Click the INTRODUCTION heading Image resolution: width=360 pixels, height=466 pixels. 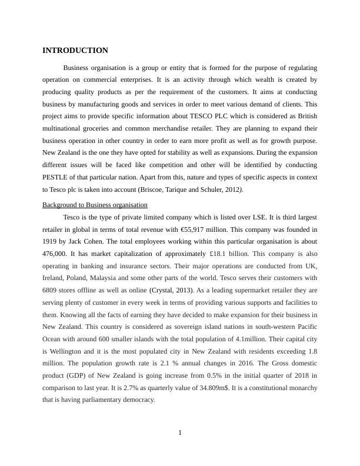pyautogui.click(x=75, y=51)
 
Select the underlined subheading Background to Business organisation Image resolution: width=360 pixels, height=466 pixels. pyautogui.click(x=95, y=205)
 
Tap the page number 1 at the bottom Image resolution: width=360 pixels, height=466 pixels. pyautogui.click(x=180, y=434)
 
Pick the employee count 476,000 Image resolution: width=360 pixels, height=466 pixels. pyautogui.click(x=54, y=254)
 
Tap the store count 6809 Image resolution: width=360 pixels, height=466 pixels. pyautogui.click(x=50, y=290)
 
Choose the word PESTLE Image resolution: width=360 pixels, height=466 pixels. pyautogui.click(x=56, y=177)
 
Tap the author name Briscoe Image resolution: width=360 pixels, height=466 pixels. pyautogui.click(x=151, y=189)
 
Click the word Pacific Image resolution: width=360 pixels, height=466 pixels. pyautogui.click(x=305, y=327)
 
